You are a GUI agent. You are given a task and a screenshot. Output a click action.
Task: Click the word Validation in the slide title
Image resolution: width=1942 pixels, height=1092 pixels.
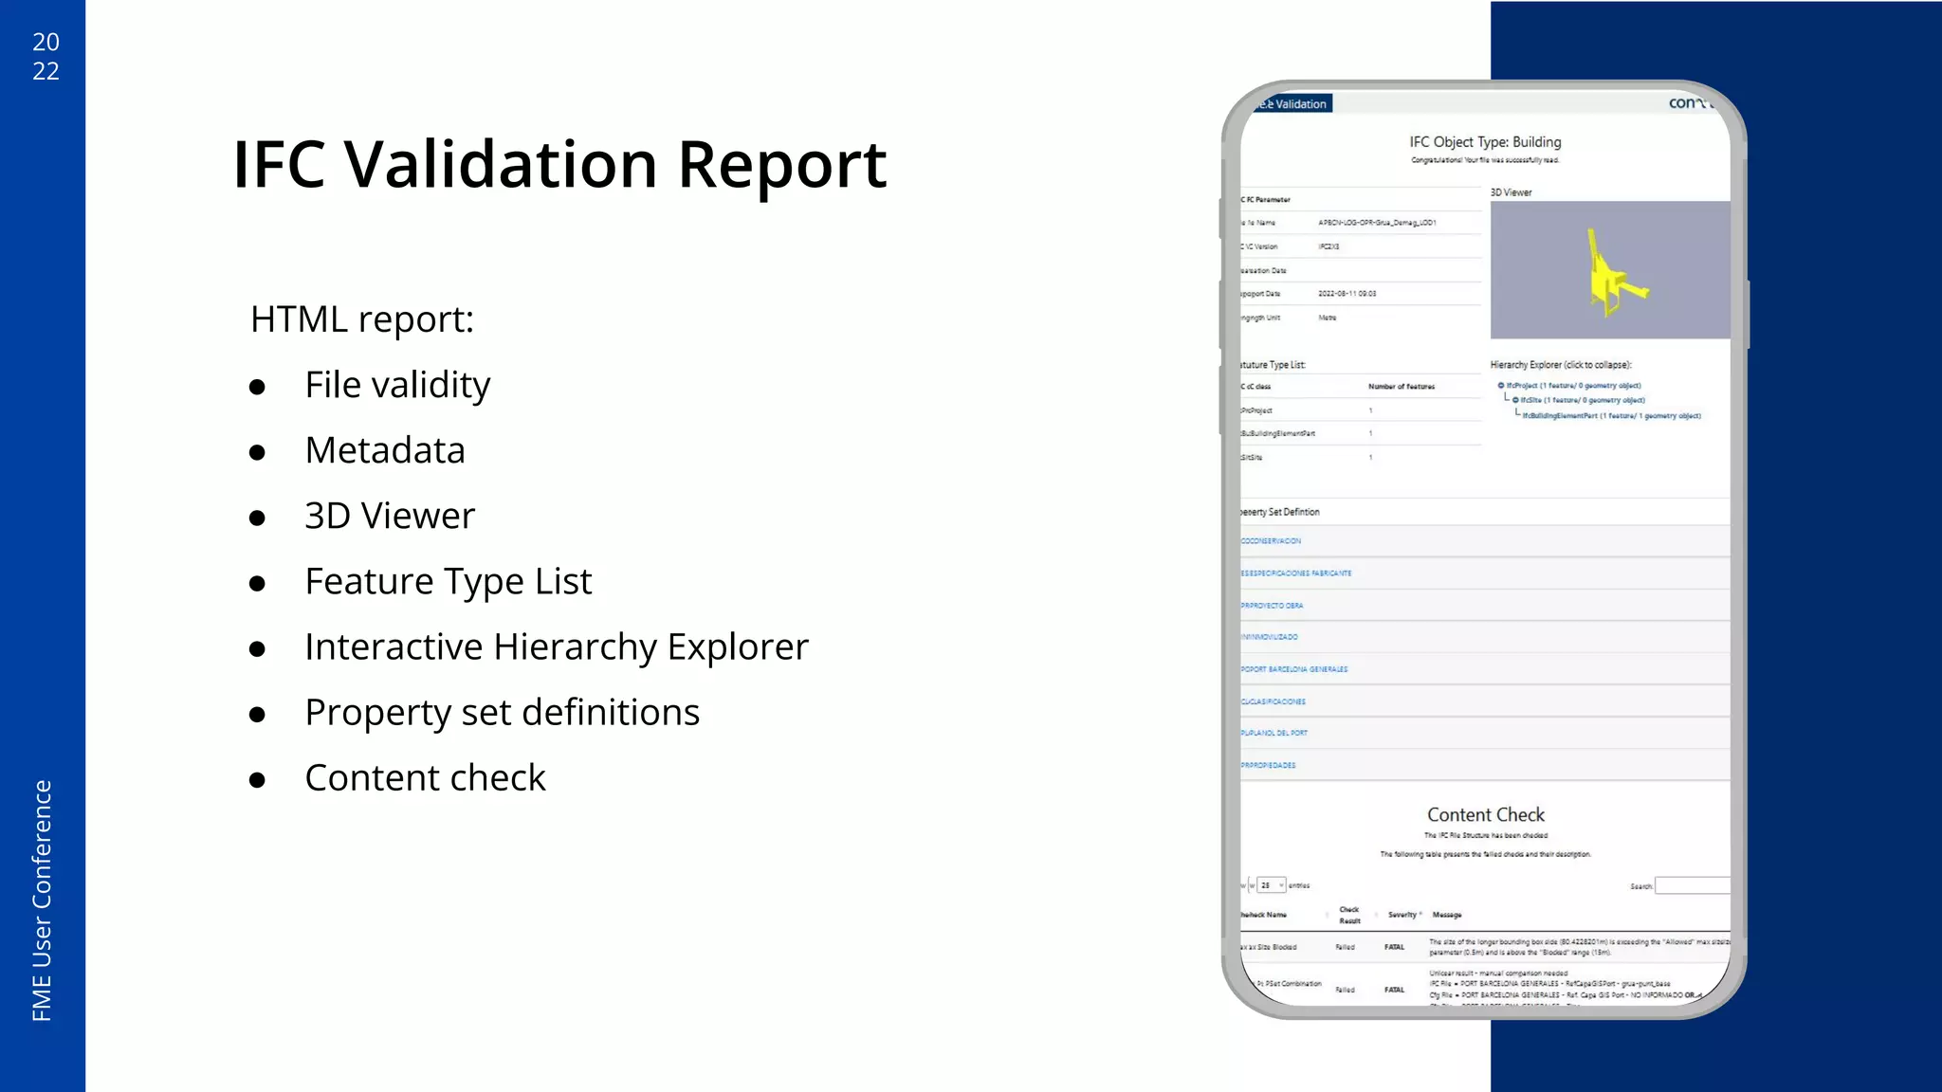pos(500,165)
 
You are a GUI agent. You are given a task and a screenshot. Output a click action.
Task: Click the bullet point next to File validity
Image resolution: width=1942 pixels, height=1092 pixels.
pos(257,387)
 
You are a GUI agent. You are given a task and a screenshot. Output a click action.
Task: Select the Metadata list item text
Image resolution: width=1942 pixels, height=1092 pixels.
pos(385,450)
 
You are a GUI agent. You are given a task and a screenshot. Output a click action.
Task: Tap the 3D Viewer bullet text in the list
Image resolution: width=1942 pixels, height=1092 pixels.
pos(390,516)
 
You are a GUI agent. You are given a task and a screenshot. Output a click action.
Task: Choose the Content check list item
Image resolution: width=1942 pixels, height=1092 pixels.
pos(425,778)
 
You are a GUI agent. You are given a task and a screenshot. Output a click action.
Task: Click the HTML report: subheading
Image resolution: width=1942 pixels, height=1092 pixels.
pos(362,319)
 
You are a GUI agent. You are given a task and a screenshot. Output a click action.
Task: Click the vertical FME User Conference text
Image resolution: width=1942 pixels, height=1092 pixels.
pos(42,901)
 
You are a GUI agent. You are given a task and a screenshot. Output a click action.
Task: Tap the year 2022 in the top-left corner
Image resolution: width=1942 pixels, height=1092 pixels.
pos(46,56)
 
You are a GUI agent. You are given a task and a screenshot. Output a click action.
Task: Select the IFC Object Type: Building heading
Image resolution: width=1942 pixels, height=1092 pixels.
pos(1485,142)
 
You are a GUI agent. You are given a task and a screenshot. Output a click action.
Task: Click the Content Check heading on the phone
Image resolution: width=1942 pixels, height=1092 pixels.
pos(1486,815)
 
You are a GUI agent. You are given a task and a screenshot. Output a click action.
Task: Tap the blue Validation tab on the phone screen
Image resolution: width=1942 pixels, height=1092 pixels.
pos(1295,104)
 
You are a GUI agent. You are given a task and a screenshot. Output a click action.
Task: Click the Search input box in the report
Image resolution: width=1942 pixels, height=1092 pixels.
pos(1693,886)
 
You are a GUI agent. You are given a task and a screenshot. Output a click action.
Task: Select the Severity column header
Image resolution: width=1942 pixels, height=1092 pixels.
pos(1402,915)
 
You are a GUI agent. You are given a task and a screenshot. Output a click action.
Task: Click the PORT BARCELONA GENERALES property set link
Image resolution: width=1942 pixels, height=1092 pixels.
pos(1295,669)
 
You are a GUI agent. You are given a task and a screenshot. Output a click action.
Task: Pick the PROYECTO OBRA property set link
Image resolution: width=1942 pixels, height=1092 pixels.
pos(1273,606)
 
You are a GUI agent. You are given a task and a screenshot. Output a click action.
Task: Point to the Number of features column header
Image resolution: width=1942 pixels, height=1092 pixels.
pos(1402,387)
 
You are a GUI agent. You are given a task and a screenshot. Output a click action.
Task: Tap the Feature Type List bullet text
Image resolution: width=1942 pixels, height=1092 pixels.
pos(449,581)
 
